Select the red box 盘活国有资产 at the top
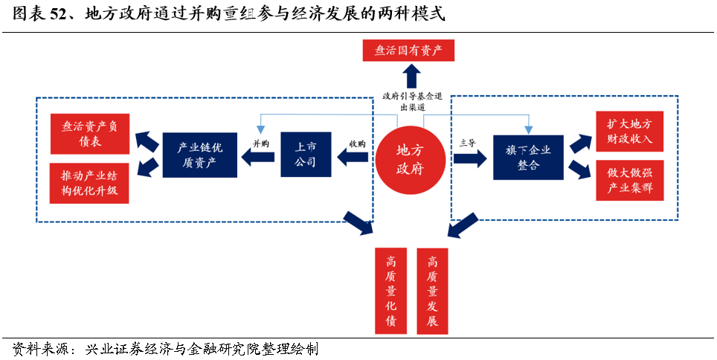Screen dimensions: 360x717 click(408, 51)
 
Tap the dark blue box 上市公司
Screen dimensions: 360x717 click(305, 154)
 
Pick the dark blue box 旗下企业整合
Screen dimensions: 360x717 click(528, 157)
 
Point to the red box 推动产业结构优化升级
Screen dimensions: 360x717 click(89, 183)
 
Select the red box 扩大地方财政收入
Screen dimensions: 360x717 click(630, 131)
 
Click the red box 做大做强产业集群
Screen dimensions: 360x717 click(630, 181)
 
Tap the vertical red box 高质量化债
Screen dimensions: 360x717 click(391, 291)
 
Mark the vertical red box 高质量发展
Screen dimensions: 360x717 click(432, 291)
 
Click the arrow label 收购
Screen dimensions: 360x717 click(358, 144)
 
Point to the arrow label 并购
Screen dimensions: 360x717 click(260, 144)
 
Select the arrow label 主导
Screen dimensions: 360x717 click(468, 142)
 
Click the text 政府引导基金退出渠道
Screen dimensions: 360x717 click(413, 101)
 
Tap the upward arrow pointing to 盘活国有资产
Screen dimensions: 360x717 click(411, 77)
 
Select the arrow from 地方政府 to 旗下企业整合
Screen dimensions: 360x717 click(469, 158)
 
